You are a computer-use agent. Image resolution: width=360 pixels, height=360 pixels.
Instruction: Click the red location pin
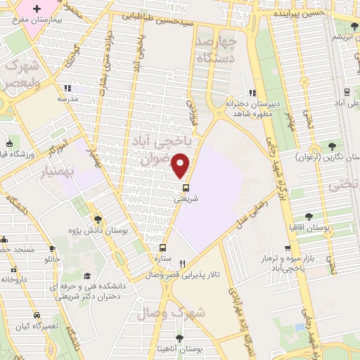click(181, 165)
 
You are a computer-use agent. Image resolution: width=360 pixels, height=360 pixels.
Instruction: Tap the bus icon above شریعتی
click(186, 188)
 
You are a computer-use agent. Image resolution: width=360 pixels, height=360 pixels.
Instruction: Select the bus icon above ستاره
click(163, 247)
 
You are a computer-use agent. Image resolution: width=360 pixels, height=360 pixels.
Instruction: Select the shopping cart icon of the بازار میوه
click(287, 248)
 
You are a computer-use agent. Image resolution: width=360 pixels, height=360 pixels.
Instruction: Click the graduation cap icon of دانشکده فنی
click(87, 276)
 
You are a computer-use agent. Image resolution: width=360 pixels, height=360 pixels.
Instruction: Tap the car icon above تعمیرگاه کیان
click(36, 315)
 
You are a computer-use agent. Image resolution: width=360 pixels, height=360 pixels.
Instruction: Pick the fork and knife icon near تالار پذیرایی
click(182, 264)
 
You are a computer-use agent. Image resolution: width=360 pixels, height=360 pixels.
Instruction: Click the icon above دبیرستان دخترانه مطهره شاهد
click(252, 93)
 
